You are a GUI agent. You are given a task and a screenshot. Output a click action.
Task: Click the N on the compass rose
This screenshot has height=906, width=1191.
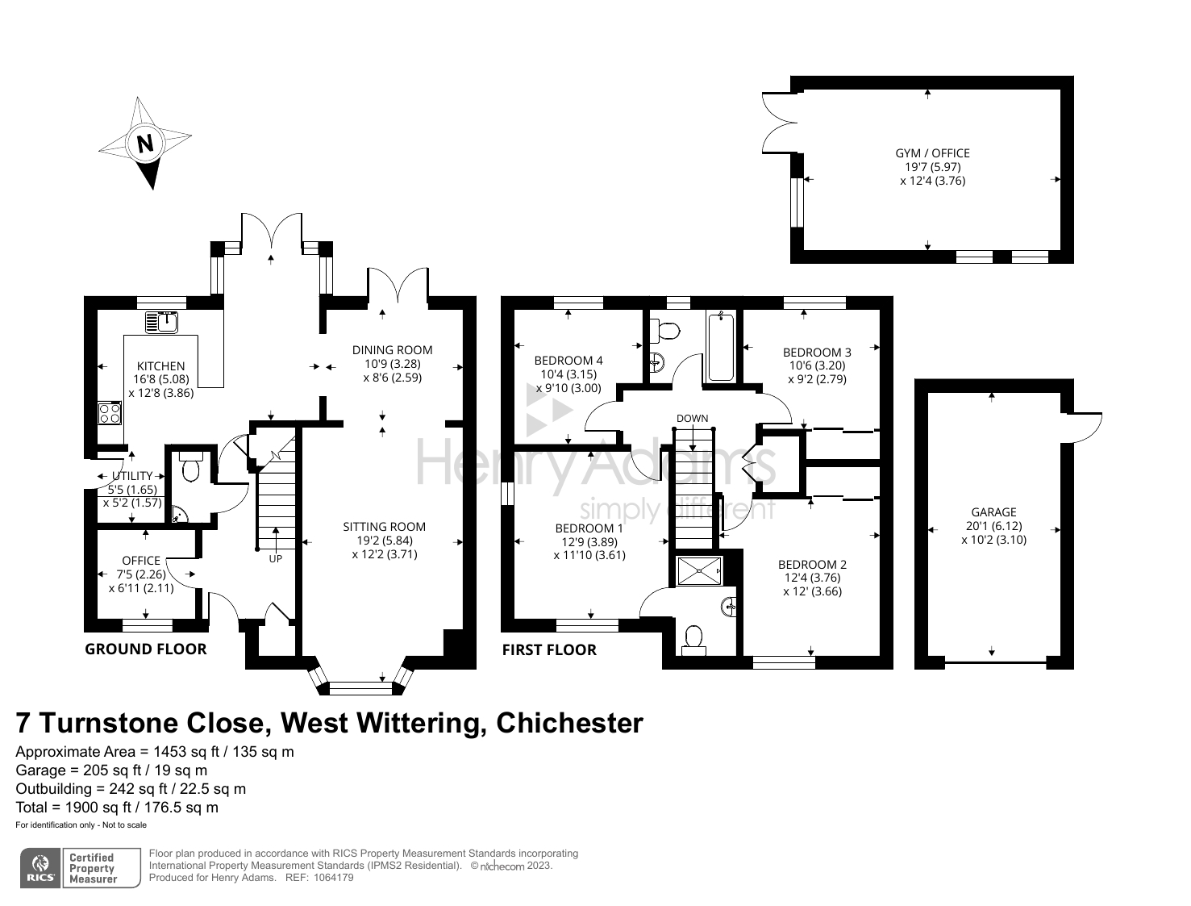(x=145, y=144)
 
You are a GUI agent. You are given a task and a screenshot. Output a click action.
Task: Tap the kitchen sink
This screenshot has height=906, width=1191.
(x=162, y=322)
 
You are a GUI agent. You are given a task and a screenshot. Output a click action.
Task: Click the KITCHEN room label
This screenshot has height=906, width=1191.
(x=160, y=366)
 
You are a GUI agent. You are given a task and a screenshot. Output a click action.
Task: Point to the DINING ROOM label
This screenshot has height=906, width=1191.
(x=393, y=350)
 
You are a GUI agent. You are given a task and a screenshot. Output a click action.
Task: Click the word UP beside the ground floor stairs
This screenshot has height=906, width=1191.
(x=276, y=558)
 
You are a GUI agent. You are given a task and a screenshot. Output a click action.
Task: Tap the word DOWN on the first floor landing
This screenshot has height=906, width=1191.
(x=692, y=418)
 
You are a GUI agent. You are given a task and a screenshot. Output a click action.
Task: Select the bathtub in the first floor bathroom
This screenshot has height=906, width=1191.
(x=721, y=347)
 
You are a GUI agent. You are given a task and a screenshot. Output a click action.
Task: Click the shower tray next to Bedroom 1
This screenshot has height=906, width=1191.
(x=699, y=570)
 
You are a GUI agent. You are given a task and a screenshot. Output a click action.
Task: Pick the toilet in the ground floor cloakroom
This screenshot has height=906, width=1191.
(x=190, y=466)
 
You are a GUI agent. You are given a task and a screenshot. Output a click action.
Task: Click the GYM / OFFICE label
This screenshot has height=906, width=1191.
(x=932, y=153)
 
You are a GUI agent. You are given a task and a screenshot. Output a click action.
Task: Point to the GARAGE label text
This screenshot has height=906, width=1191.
(x=993, y=512)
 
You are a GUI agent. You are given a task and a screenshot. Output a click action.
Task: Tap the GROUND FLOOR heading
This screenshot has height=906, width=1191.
(x=145, y=649)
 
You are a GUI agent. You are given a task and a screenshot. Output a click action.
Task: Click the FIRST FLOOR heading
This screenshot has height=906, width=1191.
(x=549, y=649)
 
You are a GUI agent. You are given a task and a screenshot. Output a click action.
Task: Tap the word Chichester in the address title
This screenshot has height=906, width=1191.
(x=570, y=723)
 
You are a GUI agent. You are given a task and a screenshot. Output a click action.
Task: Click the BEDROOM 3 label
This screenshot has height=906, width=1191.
(x=817, y=353)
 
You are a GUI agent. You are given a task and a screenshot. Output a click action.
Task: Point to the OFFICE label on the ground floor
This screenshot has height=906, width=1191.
(x=141, y=560)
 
